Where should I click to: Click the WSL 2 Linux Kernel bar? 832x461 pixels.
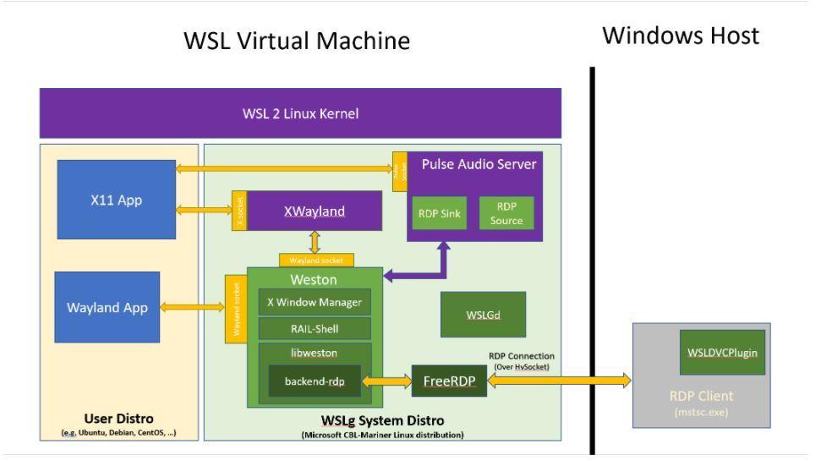tap(300, 113)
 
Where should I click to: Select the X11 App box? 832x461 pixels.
tap(116, 200)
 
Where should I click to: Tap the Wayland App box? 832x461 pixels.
tap(107, 308)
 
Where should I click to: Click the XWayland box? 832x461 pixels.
tap(314, 211)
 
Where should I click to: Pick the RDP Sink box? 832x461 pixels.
tap(439, 214)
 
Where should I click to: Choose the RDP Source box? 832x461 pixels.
tap(506, 214)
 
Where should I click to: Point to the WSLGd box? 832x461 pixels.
tap(483, 315)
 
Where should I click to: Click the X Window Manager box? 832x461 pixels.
tap(314, 302)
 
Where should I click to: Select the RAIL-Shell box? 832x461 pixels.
tap(314, 328)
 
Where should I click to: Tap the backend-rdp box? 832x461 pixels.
tap(315, 381)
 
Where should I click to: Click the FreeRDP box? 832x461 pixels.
tap(449, 381)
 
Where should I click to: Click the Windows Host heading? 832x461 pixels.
tap(681, 36)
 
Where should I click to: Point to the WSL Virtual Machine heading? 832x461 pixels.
tap(297, 41)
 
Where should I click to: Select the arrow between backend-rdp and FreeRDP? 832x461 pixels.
tap(386, 381)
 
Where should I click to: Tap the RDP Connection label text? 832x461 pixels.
tap(522, 356)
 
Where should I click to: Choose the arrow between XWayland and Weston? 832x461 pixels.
tap(315, 242)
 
